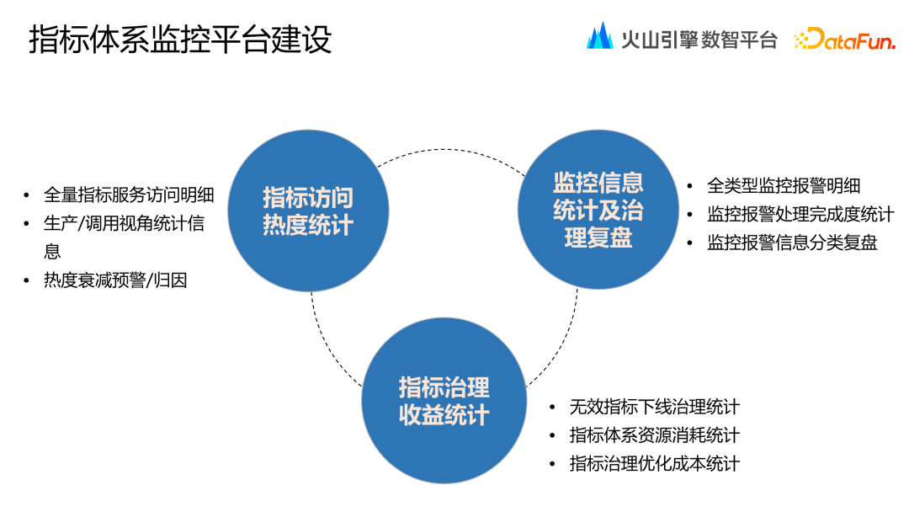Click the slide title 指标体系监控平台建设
(180, 40)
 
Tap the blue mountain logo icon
(600, 36)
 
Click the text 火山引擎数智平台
(699, 39)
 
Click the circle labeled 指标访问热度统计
(308, 211)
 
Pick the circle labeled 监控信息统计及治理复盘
(598, 210)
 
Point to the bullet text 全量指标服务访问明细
(129, 195)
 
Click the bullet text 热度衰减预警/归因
(115, 280)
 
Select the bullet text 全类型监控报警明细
(784, 186)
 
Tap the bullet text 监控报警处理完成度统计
(800, 214)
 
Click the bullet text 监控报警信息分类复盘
(792, 243)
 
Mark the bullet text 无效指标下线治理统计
(654, 407)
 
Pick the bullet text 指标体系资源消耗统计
(654, 435)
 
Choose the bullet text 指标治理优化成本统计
(654, 463)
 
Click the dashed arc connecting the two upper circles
(454, 152)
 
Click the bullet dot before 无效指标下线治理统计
(552, 408)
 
